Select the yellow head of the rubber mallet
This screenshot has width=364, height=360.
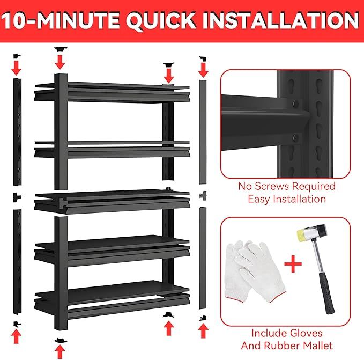click(304, 237)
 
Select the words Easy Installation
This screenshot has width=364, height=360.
click(286, 199)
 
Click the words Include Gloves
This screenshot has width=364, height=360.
click(286, 333)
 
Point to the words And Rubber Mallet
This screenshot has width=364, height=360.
click(286, 346)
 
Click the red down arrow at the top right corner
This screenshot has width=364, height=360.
click(203, 68)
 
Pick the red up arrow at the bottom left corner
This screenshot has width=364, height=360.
click(17, 336)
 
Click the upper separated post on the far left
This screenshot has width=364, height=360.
click(17, 131)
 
